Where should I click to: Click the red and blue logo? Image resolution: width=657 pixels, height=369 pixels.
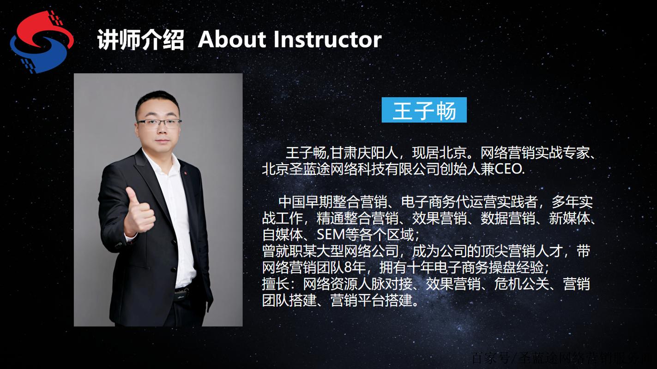point(41,41)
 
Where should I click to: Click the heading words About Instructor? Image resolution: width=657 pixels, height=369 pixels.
point(289,40)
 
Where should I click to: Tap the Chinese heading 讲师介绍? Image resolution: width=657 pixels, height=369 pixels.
point(141,40)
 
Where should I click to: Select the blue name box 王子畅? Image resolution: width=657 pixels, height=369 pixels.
point(424,110)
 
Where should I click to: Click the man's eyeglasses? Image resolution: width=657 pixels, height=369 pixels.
point(159,124)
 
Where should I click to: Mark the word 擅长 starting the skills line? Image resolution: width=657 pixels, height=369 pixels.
point(272,285)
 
